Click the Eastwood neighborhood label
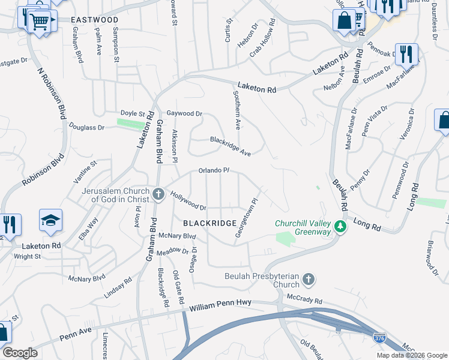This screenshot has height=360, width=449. coord(94,20)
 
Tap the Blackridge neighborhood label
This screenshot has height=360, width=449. coord(209,223)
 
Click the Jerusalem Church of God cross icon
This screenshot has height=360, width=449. coord(158,194)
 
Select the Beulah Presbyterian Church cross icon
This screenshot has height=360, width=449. coord(308,280)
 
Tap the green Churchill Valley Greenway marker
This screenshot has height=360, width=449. coord(340,227)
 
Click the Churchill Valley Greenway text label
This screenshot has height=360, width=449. coord(303,227)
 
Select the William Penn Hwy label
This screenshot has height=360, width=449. coord(220,305)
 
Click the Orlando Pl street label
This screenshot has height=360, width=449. coord(214,171)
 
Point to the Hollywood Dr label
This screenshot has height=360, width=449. coord(188,201)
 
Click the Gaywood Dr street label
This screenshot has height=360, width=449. coord(184,113)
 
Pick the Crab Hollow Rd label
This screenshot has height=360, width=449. coord(265,38)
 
